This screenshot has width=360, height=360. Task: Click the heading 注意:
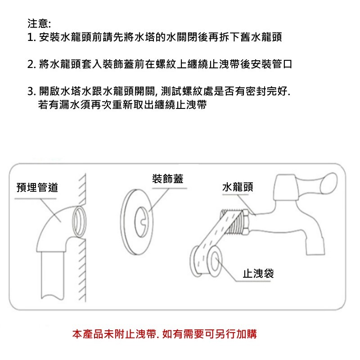coord(39,23)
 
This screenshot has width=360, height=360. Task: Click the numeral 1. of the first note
coord(31,37)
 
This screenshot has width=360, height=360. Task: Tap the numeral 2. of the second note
coord(31,64)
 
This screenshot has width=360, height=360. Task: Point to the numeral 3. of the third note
coord(31,91)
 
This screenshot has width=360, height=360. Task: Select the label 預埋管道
coord(37,188)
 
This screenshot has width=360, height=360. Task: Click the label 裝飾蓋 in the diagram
coord(168,179)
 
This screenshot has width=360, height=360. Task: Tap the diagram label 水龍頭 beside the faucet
coord(238,187)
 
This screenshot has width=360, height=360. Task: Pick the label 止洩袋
coord(258,274)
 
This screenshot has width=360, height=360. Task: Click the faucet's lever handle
coord(317,183)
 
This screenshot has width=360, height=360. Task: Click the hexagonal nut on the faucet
coord(246,222)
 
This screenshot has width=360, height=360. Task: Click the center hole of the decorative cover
coord(141,222)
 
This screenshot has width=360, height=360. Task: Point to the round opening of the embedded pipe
coord(79,221)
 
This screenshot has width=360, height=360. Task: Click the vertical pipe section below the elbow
coord(52,275)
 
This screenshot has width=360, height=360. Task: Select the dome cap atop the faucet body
coord(285,187)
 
